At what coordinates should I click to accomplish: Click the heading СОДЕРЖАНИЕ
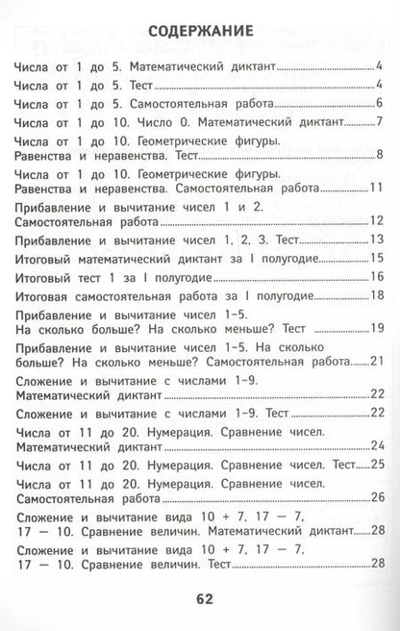point(201,32)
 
